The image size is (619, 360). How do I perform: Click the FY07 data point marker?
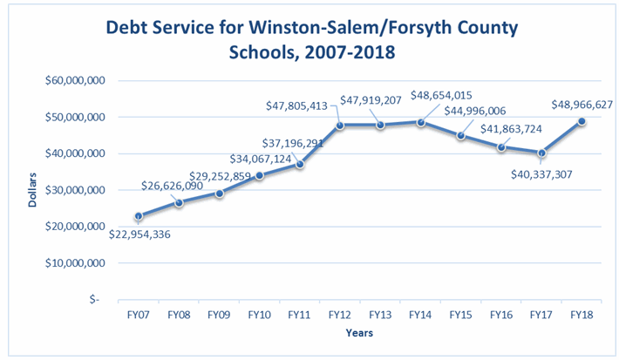click(x=139, y=215)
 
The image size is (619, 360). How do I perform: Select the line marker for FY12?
click(x=340, y=125)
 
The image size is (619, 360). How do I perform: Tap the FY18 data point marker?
click(x=582, y=121)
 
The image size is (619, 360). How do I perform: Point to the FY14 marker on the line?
click(x=421, y=122)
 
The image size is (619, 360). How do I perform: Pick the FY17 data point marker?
click(x=541, y=153)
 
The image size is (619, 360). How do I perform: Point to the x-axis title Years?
click(x=360, y=336)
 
